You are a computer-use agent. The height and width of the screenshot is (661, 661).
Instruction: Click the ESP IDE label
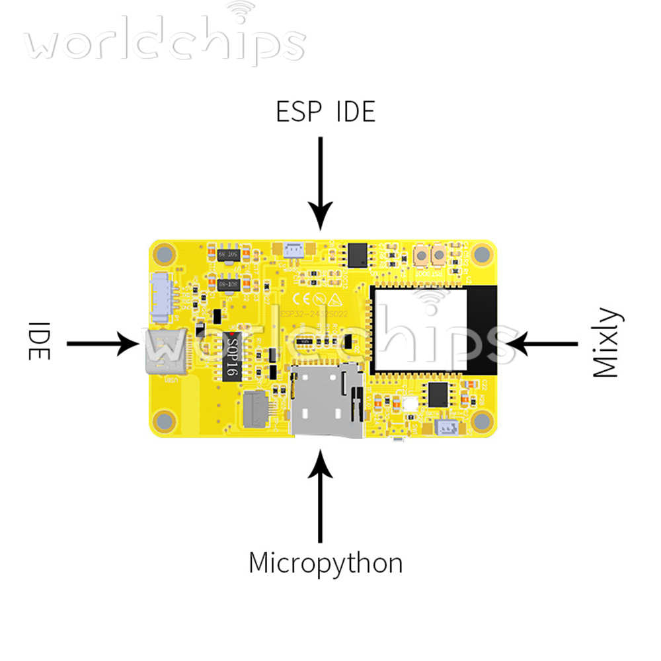tap(325, 112)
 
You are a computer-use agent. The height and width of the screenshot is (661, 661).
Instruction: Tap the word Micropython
tap(325, 563)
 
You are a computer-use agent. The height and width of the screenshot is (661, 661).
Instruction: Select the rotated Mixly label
tap(606, 343)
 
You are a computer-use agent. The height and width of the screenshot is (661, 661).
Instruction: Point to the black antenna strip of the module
tap(483, 329)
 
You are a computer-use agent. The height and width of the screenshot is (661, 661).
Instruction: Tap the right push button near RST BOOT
tap(438, 254)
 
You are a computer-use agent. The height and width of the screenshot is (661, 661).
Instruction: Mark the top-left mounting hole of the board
tap(165, 254)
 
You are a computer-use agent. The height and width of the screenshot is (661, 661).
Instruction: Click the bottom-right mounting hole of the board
tap(483, 420)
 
